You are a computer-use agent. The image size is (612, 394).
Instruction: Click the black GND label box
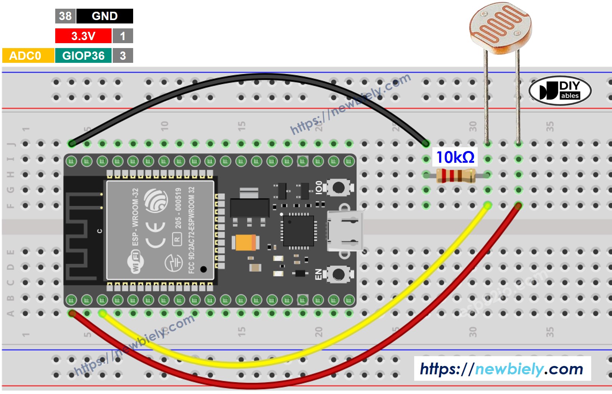click(104, 16)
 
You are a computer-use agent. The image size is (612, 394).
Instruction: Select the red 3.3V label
click(83, 36)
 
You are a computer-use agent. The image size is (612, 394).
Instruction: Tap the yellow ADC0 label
click(25, 56)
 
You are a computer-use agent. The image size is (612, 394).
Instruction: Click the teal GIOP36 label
click(83, 56)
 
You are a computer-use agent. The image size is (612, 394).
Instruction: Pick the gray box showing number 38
click(65, 16)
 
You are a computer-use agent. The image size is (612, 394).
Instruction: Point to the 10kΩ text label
click(455, 157)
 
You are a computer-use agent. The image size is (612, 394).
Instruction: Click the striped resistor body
click(455, 175)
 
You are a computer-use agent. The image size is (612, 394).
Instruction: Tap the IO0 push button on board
click(338, 187)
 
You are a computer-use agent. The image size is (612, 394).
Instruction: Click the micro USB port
click(345, 231)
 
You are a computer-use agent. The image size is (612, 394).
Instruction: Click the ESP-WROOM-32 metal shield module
click(160, 230)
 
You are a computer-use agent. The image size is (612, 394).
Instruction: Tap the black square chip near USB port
click(298, 230)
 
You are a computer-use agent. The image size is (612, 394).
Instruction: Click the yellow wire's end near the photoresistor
click(488, 206)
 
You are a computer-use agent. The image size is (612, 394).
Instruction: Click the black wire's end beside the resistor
click(426, 143)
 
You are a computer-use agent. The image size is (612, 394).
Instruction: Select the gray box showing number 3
click(123, 56)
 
